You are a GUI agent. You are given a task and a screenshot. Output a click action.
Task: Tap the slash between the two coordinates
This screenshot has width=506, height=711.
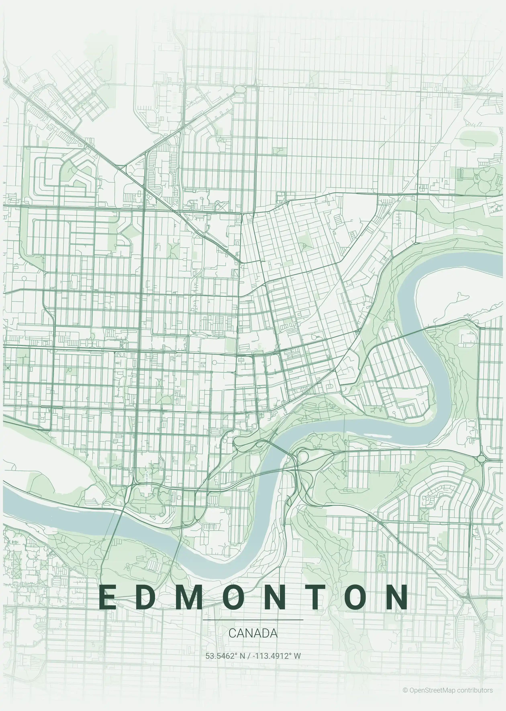[x=248, y=656]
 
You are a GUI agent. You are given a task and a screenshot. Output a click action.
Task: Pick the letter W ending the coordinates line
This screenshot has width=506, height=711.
[x=297, y=656]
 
